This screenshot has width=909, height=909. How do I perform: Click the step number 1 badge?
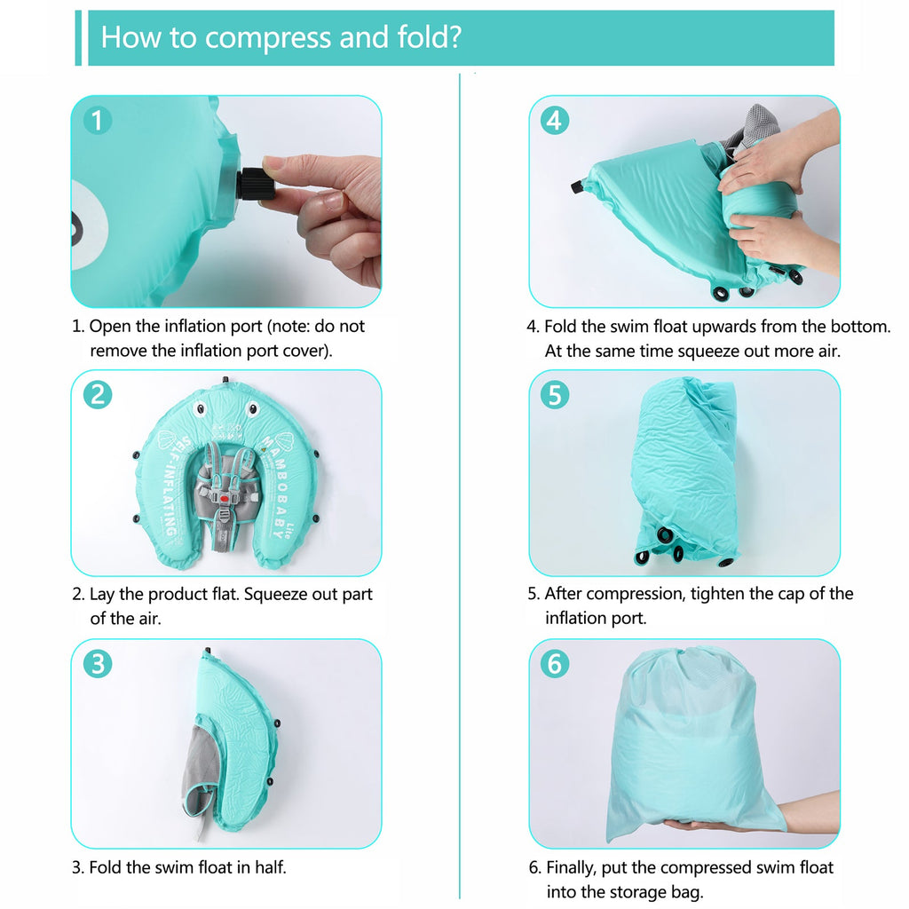point(98,121)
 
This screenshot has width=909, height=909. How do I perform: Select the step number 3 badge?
point(98,664)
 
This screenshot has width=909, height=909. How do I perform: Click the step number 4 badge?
point(555,121)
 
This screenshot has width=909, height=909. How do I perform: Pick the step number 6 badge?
point(555,664)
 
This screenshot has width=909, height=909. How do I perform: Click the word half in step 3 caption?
point(267,867)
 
